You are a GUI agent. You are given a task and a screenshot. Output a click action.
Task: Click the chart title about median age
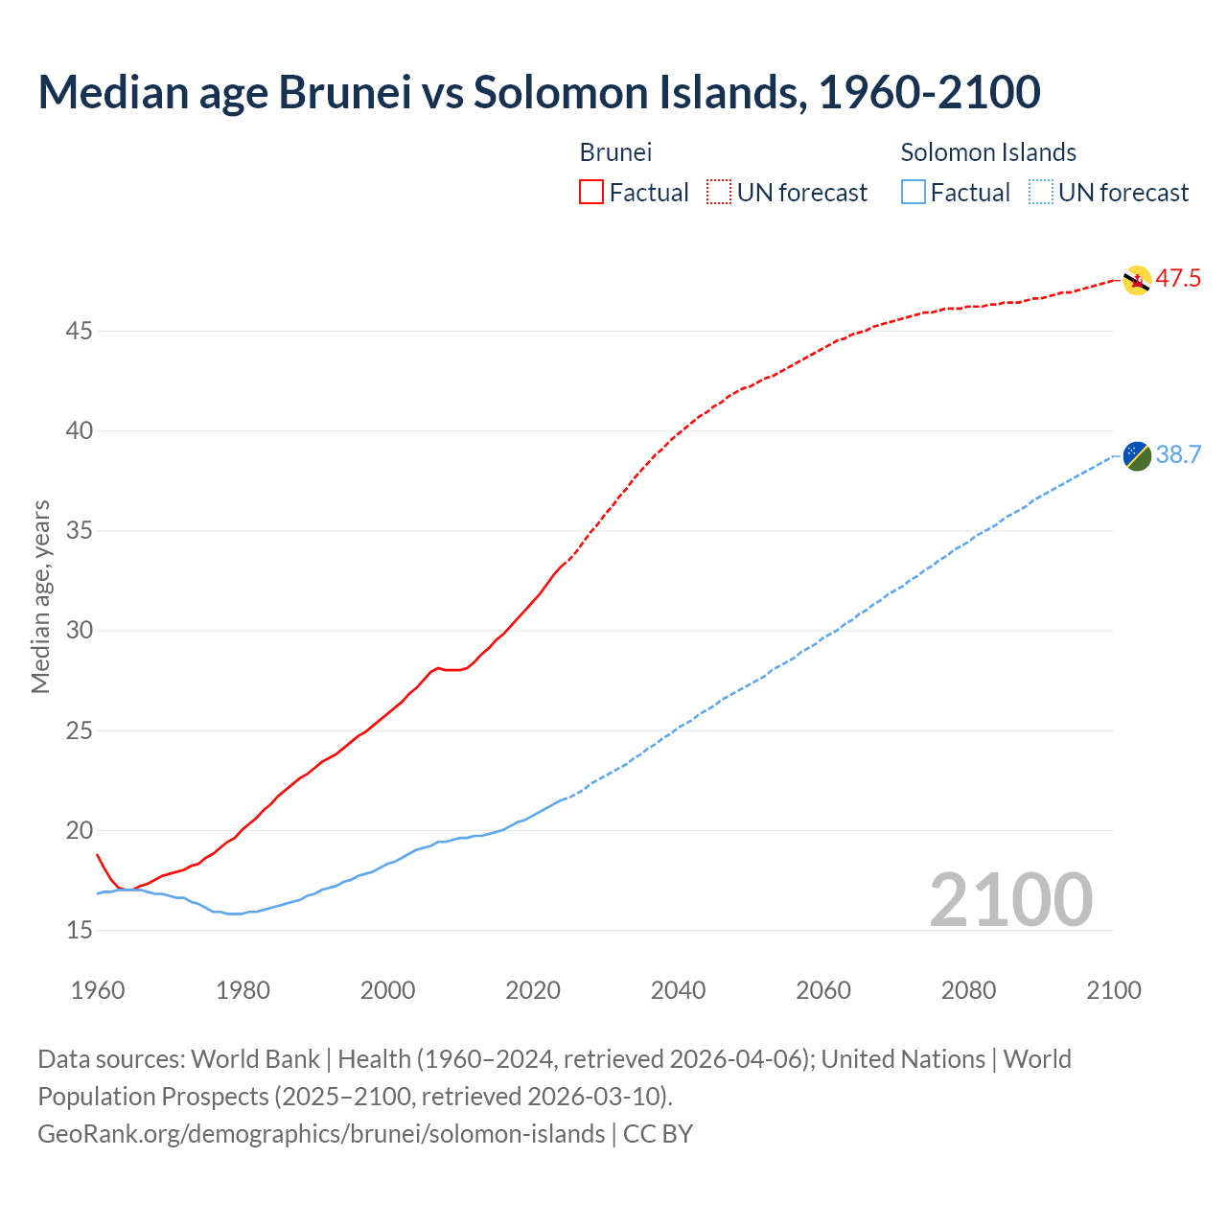point(539,92)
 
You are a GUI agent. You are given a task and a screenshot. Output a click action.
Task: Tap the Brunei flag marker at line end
point(1136,280)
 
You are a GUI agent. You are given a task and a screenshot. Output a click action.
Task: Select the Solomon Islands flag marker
point(1136,456)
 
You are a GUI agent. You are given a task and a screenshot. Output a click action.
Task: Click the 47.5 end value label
point(1178,279)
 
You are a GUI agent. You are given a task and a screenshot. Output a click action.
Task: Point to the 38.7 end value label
point(1178,454)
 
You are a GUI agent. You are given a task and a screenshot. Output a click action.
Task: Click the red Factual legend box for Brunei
point(591,193)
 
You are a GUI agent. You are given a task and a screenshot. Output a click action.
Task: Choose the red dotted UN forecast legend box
point(719,193)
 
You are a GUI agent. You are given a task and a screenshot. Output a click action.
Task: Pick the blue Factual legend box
point(914,193)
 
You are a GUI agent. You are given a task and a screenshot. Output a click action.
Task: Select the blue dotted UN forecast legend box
point(1040,193)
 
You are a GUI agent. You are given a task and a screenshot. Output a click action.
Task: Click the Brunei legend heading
point(615,152)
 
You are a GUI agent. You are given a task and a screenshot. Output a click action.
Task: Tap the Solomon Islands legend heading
point(988,152)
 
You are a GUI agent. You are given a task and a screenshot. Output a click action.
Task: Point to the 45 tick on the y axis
point(80,332)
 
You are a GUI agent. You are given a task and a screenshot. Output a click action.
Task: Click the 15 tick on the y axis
point(80,930)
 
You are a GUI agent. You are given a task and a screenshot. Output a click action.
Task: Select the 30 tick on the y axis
point(80,631)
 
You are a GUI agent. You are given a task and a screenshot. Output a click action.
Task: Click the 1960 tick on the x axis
point(98,990)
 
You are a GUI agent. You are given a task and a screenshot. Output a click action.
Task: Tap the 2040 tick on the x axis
point(678,990)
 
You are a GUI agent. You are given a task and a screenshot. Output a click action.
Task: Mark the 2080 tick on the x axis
point(968,990)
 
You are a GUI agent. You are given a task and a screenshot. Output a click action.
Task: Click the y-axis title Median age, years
point(40,596)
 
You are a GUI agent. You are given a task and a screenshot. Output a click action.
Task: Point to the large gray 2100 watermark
point(1010,899)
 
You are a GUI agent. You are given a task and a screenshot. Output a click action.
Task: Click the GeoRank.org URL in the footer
point(321,1134)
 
